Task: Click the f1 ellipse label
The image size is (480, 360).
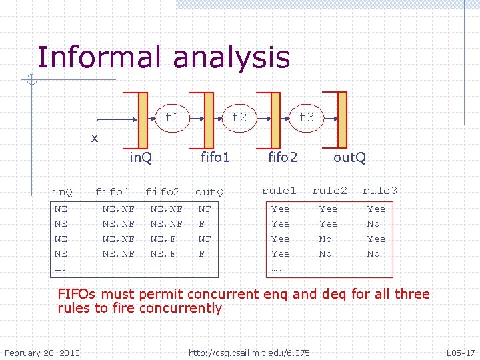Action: (x=173, y=118)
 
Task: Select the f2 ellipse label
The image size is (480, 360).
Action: (x=239, y=118)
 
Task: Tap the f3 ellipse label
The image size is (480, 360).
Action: (x=306, y=118)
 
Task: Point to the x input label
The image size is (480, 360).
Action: (x=95, y=137)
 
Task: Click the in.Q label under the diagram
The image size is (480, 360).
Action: (x=140, y=157)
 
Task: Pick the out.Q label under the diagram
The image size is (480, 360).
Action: (x=349, y=157)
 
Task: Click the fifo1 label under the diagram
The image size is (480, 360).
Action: (x=215, y=157)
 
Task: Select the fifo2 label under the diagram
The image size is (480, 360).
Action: (x=283, y=157)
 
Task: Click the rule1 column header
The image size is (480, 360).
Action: (x=279, y=191)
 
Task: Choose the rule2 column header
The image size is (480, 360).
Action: (x=330, y=191)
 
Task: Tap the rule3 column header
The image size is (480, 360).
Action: (x=379, y=191)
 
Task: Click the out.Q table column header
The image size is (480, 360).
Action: (x=209, y=192)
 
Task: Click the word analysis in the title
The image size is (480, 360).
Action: (x=233, y=59)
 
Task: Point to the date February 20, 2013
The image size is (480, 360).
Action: (x=42, y=352)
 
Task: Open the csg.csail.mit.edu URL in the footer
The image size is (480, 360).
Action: (x=249, y=352)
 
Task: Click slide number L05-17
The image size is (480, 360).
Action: (x=460, y=352)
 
